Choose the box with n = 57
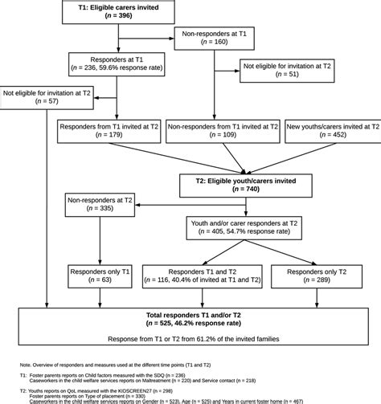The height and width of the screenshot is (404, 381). (46, 97)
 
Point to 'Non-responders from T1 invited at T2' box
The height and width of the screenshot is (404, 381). (223, 132)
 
